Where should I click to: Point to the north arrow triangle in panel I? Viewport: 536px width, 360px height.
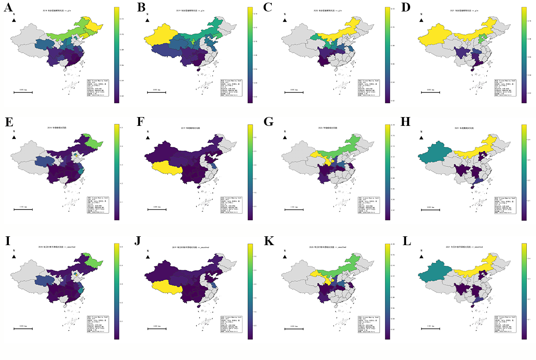click(x=14, y=257)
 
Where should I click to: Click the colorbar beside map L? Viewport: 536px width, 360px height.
click(x=524, y=290)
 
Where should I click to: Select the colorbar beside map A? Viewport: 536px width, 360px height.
click(x=117, y=55)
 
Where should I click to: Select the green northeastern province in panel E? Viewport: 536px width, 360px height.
click(x=94, y=142)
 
